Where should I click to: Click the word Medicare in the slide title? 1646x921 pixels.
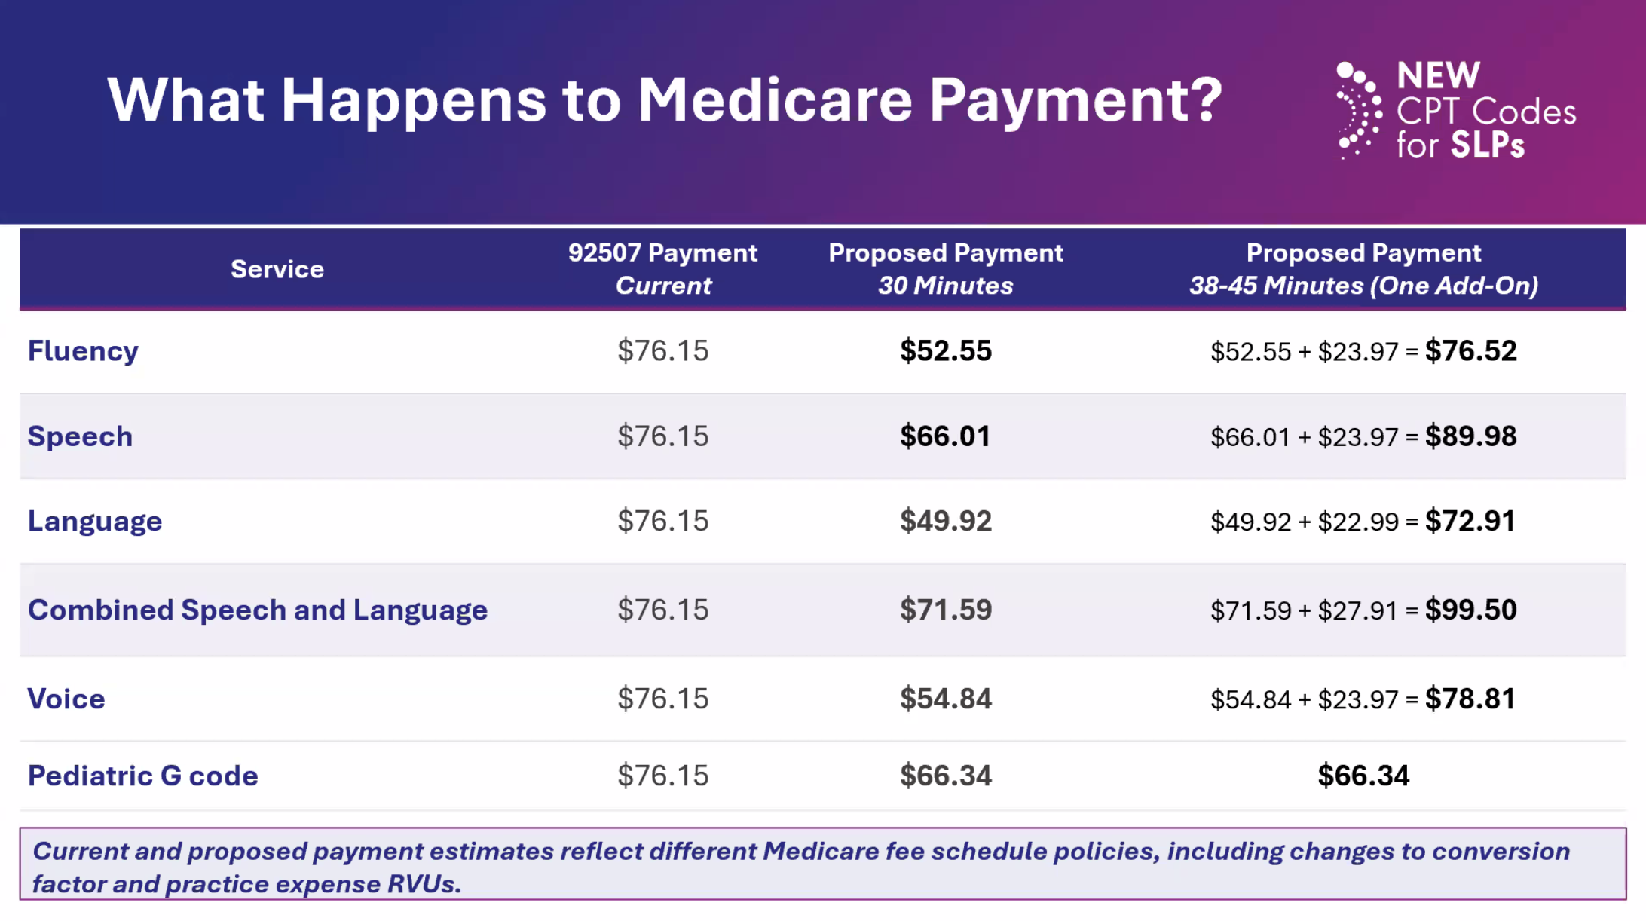[775, 99]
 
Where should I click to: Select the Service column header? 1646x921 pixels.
[277, 269]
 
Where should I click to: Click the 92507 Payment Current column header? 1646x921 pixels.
[662, 269]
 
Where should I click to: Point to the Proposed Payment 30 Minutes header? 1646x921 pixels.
[946, 269]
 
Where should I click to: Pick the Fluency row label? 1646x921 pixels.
[83, 351]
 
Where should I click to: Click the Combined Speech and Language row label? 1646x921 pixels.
[258, 610]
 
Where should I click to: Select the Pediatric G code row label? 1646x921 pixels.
[143, 776]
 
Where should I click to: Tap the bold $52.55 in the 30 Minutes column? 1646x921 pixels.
[946, 350]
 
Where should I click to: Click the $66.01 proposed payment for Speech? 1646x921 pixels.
[945, 436]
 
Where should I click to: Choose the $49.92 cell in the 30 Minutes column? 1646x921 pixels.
[946, 521]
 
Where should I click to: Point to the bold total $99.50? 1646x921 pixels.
[1470, 610]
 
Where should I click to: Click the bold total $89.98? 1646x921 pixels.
[1470, 436]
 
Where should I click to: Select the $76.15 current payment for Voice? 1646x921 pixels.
[663, 699]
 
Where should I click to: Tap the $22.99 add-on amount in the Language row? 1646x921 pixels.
[1358, 522]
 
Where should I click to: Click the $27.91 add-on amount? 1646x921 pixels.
[1358, 610]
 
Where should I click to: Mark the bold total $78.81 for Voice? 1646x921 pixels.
[1470, 699]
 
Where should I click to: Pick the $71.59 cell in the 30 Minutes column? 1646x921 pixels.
[946, 610]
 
